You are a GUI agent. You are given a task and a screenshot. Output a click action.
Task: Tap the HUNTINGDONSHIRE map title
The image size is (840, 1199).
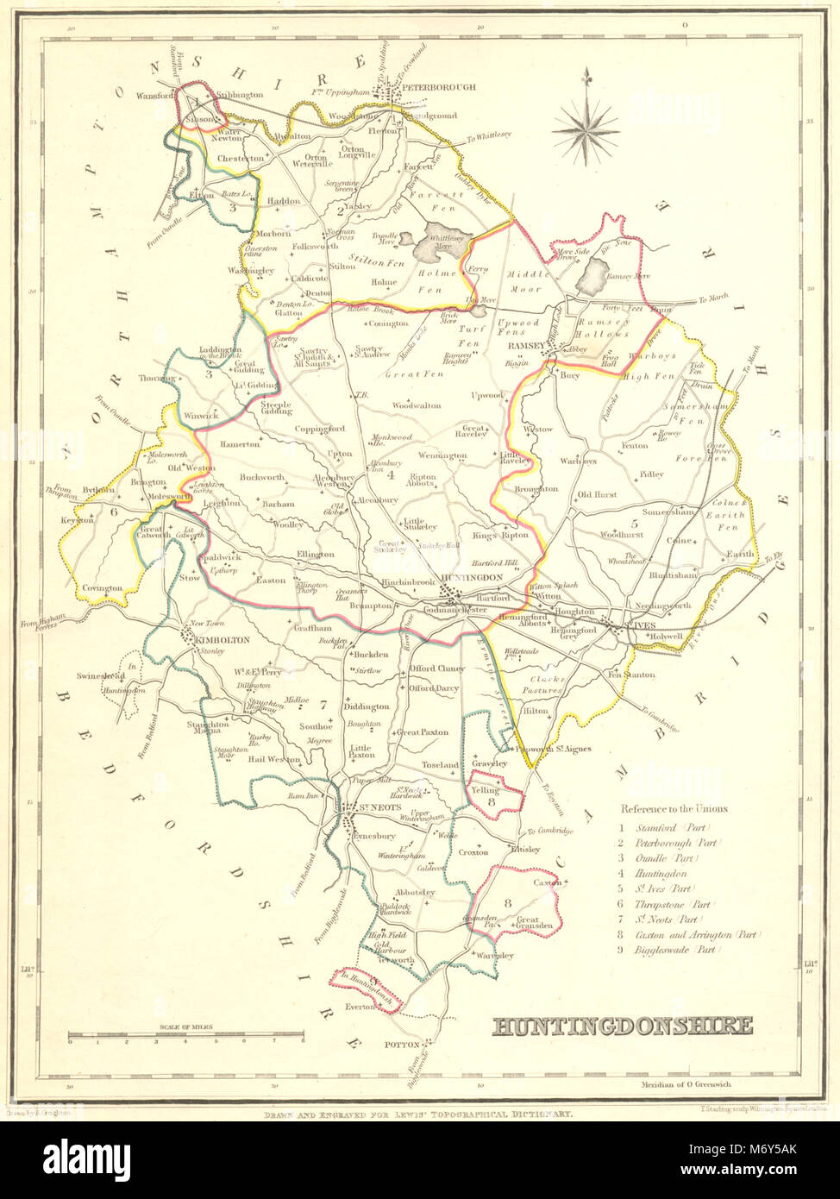[622, 1026]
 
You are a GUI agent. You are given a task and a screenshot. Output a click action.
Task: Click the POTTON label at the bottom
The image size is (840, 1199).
[401, 1045]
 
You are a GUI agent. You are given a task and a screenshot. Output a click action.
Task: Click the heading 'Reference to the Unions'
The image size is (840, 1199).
[673, 809]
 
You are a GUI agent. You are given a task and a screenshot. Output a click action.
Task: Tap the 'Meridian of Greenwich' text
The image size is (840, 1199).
[681, 1084]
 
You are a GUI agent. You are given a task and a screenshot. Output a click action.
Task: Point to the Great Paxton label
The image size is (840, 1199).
[423, 732]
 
